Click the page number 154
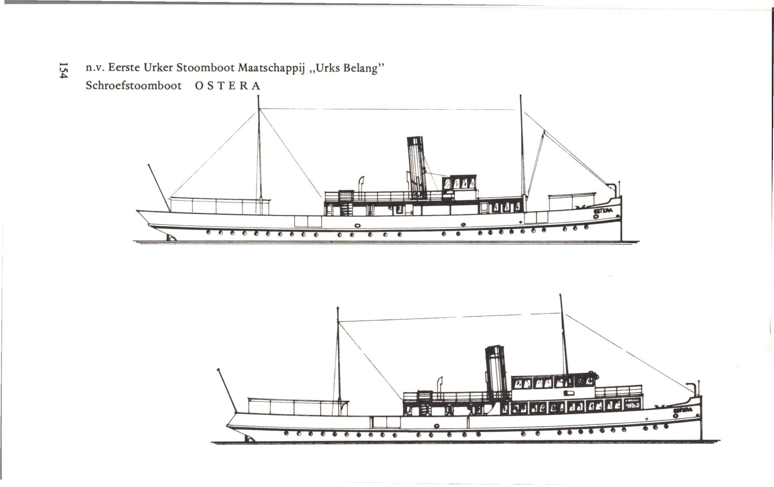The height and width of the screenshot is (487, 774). tap(63, 70)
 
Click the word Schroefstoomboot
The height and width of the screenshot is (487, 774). tap(134, 86)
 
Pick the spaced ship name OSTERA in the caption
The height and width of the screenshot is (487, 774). tap(227, 86)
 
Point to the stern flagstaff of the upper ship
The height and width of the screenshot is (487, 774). tap(159, 188)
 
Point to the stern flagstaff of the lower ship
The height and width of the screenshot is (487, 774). tap(227, 390)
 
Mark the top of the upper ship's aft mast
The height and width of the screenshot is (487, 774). tap(258, 96)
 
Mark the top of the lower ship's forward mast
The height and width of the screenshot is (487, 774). tap(560, 295)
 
